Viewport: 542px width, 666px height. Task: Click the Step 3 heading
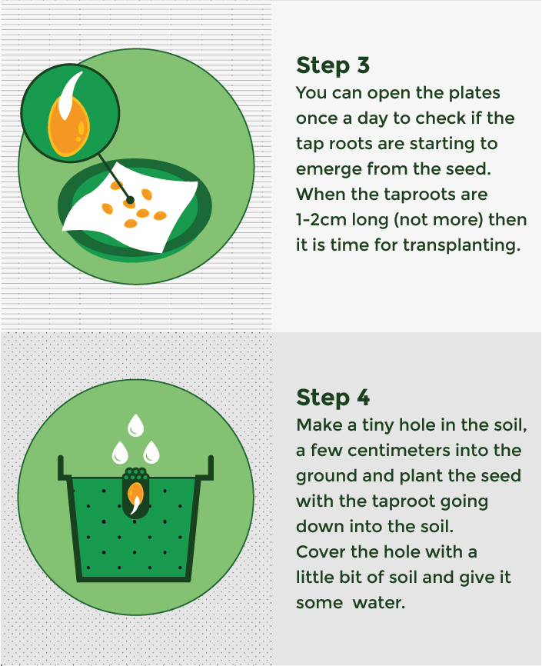point(333,65)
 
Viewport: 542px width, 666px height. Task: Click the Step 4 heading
point(333,398)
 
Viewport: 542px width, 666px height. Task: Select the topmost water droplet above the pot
point(136,424)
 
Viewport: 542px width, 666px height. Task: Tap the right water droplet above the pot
point(151,451)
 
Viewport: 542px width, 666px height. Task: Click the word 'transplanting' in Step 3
point(471,245)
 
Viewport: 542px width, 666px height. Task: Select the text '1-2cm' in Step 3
point(321,220)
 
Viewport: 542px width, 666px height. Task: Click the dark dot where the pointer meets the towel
point(131,200)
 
